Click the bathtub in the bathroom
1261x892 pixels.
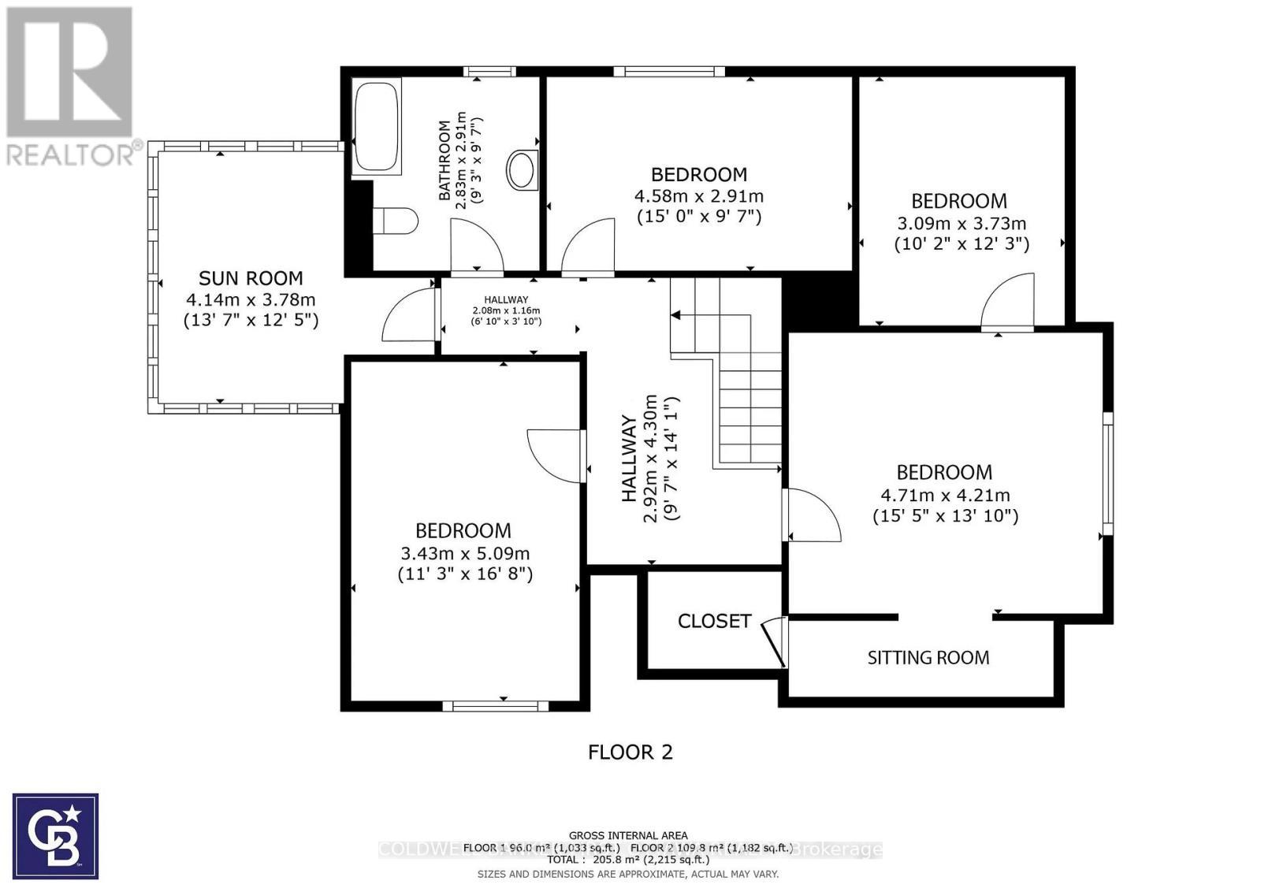[x=377, y=125]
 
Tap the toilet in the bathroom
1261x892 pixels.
[x=393, y=221]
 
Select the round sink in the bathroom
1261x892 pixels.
[x=522, y=170]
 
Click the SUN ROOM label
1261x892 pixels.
[x=251, y=278]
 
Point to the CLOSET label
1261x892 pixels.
[x=714, y=621]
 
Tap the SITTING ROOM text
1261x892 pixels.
[x=928, y=657]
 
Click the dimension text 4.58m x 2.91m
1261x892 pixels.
[x=698, y=195]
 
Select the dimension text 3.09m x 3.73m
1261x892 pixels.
[x=961, y=223]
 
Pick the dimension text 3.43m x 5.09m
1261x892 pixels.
[x=465, y=553]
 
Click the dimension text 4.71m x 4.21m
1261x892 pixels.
[x=944, y=495]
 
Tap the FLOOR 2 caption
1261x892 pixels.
[x=630, y=752]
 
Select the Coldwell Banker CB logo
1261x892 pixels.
[x=55, y=836]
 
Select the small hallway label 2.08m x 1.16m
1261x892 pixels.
[x=506, y=310]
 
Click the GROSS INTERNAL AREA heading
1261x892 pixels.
[x=628, y=835]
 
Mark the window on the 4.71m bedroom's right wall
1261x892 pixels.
[x=1107, y=473]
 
